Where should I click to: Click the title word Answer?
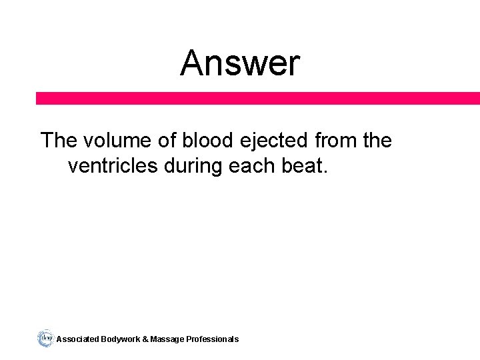[240, 64]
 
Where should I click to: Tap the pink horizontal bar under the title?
[258, 98]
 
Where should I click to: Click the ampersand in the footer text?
[145, 339]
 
